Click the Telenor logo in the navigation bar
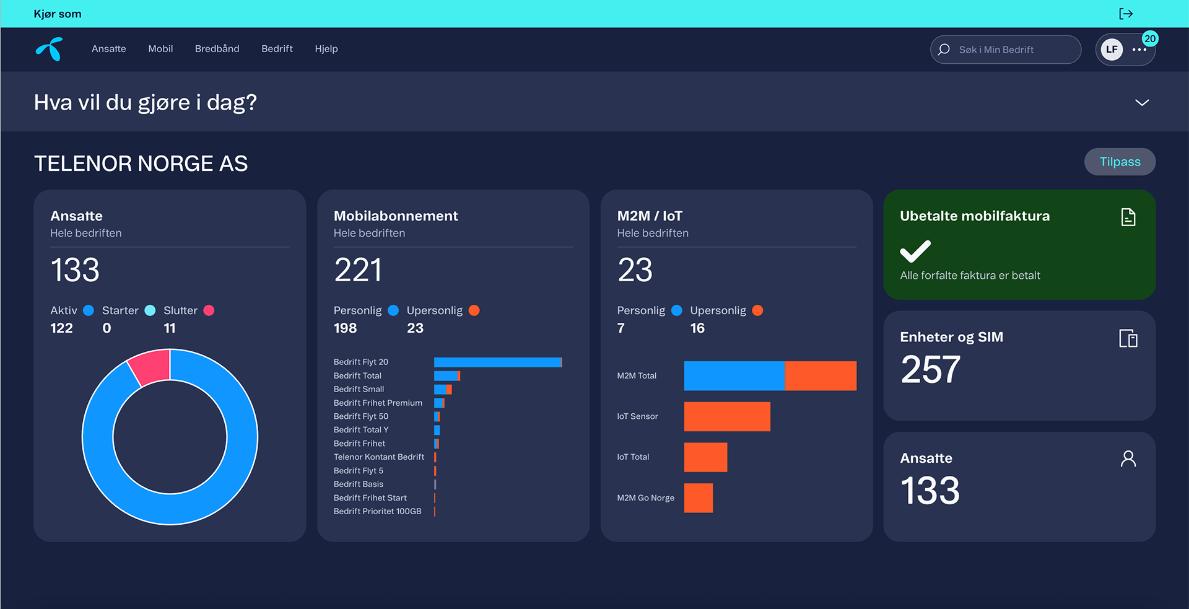(50, 49)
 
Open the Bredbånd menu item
(217, 49)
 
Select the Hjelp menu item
(326, 49)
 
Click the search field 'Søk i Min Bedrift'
(1006, 50)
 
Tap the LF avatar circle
(1112, 50)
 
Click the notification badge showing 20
(1150, 38)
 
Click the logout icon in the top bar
(1126, 14)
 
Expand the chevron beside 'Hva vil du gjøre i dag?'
(1142, 102)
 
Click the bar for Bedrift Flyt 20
(498, 362)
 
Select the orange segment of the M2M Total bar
(821, 375)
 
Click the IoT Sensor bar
(727, 416)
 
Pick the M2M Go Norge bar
(699, 498)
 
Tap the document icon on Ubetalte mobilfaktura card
(1128, 217)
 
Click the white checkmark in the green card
(915, 251)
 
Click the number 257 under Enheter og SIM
(931, 369)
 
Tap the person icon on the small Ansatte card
(1128, 458)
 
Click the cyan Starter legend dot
(150, 310)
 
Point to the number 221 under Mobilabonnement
(358, 270)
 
